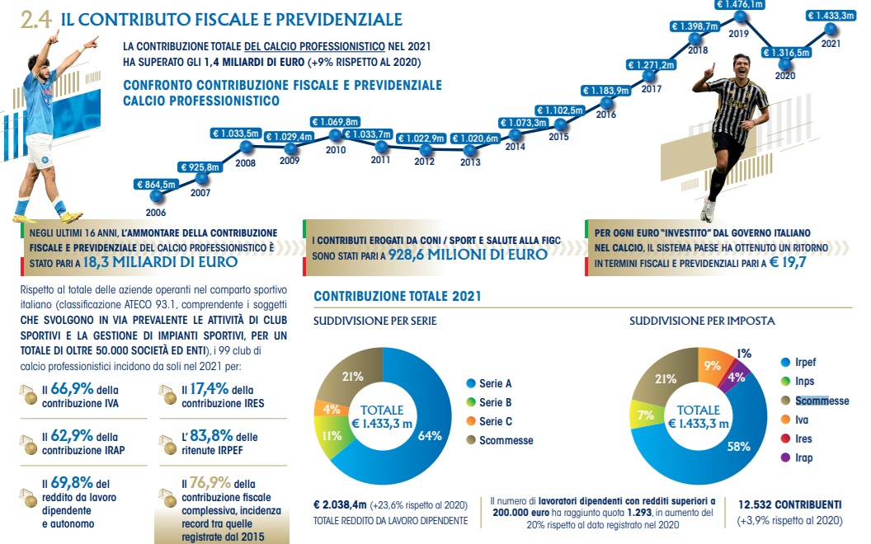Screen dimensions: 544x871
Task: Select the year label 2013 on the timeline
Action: pos(469,162)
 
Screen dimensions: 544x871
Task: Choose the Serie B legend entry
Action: pos(496,402)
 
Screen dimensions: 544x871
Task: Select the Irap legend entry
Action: pos(805,457)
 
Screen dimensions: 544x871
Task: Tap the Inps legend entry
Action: pos(805,382)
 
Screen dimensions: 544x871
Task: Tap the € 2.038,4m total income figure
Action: pos(343,504)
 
